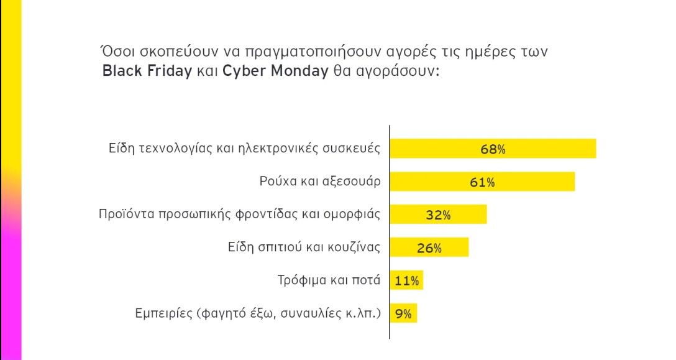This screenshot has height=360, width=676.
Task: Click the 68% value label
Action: (x=493, y=149)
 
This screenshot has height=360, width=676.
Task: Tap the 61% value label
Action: (x=482, y=182)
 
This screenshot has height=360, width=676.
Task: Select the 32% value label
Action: (x=438, y=215)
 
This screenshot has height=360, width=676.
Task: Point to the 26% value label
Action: (x=429, y=248)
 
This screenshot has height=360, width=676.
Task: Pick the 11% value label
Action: (x=407, y=281)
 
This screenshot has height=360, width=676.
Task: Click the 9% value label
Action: (x=404, y=314)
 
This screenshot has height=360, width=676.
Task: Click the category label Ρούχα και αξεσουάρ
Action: (x=319, y=182)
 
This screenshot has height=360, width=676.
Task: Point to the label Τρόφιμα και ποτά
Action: (x=329, y=280)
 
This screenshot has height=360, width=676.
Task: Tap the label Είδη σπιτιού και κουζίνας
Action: (x=304, y=247)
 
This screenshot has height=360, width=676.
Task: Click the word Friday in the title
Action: (x=170, y=70)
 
